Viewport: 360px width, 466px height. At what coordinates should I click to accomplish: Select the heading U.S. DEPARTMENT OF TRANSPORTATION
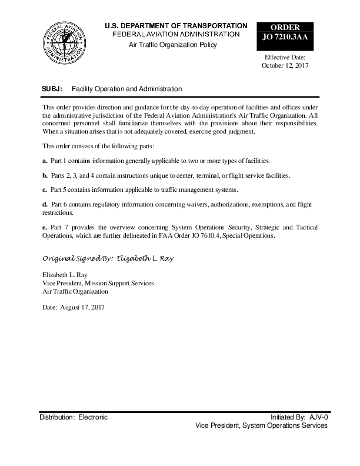coord(176,26)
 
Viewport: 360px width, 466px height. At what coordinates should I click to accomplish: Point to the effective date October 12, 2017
coord(285,66)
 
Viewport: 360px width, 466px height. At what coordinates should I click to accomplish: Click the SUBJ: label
coord(52,89)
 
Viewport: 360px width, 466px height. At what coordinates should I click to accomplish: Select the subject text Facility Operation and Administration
coord(126,89)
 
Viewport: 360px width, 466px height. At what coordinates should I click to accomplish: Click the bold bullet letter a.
coord(45,161)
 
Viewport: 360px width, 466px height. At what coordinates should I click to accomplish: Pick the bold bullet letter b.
coord(45,176)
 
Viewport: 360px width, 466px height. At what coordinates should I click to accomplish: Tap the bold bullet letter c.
coord(45,191)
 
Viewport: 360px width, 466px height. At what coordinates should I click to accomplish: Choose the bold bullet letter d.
coord(45,205)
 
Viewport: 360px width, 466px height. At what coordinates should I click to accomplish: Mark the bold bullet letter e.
coord(45,227)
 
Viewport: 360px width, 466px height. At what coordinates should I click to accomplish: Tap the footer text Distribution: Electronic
coord(74,417)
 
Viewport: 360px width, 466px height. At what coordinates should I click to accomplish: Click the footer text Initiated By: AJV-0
coord(299,417)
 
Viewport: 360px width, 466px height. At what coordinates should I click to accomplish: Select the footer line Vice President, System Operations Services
coord(261,425)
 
